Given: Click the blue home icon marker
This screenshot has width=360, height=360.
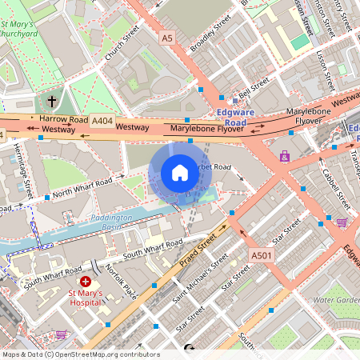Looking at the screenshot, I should click(180, 173).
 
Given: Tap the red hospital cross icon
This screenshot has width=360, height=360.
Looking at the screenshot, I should click(86, 282).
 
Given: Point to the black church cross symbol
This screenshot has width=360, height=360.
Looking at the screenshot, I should click(52, 102).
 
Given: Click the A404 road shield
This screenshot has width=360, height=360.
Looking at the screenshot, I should click(102, 120).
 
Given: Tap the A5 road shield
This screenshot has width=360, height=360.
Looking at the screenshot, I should click(166, 37).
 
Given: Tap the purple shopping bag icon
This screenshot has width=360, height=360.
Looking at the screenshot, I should click(285, 156).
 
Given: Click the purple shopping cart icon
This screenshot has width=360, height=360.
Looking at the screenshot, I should click(342, 222).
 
